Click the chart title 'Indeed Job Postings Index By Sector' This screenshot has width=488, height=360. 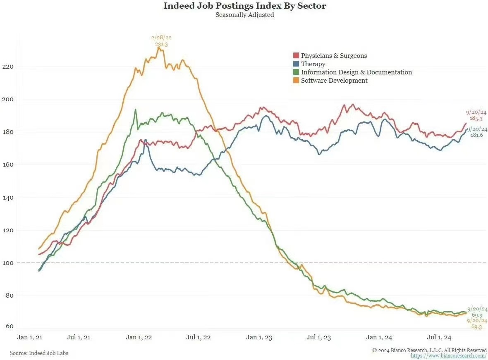pyautogui.click(x=245, y=6)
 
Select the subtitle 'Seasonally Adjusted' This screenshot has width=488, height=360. pyautogui.click(x=245, y=15)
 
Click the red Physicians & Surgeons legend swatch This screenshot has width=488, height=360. pyautogui.click(x=296, y=56)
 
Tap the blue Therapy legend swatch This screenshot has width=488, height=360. pyautogui.click(x=296, y=64)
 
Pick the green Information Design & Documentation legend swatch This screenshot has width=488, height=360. pyautogui.click(x=296, y=72)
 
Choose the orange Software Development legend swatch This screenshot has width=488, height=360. pyautogui.click(x=296, y=81)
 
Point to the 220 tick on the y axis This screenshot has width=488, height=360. pyautogui.click(x=8, y=67)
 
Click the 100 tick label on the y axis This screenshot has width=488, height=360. pyautogui.click(x=8, y=263)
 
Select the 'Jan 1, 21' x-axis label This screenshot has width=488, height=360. pyautogui.click(x=30, y=337)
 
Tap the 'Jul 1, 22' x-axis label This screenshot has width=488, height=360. pyautogui.click(x=199, y=337)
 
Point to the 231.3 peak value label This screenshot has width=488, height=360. pyautogui.click(x=161, y=44)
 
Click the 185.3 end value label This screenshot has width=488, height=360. pyautogui.click(x=476, y=118)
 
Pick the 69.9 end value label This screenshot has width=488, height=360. pyautogui.click(x=477, y=315)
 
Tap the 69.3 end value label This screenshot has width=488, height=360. pyautogui.click(x=477, y=327)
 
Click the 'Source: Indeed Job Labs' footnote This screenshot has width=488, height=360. pyautogui.click(x=39, y=353)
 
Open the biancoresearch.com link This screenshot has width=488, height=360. pyautogui.click(x=449, y=356)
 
